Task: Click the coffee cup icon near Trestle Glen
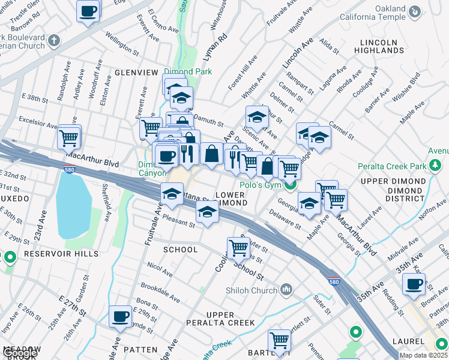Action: tap(88, 11)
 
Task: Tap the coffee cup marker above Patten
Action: tap(120, 316)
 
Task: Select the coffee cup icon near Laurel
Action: tap(414, 284)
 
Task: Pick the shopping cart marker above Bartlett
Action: tap(280, 341)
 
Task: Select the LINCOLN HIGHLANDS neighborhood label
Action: tap(379, 46)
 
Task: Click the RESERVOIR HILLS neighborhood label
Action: tap(53, 254)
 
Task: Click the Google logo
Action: tap(20, 353)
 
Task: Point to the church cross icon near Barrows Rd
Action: tap(54, 41)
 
